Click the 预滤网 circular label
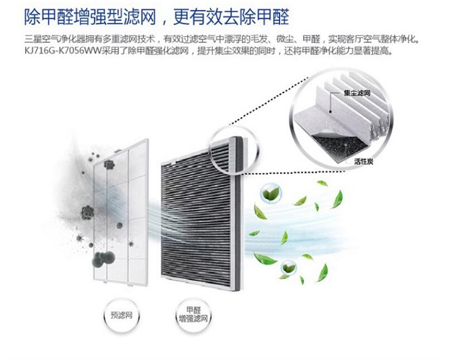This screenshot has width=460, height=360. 121,315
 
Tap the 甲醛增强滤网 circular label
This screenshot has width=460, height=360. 193,315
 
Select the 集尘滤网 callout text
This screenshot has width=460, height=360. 357,93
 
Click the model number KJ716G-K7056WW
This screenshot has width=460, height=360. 63,51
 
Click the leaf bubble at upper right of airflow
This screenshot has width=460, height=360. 270,193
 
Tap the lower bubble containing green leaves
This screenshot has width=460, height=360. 289,267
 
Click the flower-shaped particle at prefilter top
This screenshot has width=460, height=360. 109,164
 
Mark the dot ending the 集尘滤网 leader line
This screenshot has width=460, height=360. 330,111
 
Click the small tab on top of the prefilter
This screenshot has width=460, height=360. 118,151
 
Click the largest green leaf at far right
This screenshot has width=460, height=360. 338,199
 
